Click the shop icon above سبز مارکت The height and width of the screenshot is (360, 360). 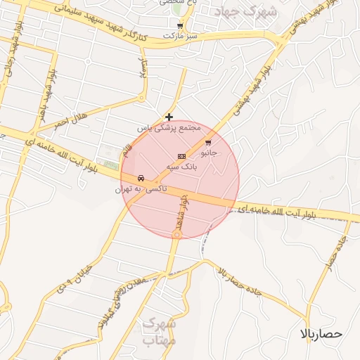click(180, 25)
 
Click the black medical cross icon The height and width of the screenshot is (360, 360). click(169, 117)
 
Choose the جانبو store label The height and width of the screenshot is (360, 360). click(211, 152)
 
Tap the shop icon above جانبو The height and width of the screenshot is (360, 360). click(207, 142)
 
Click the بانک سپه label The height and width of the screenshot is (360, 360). click(181, 167)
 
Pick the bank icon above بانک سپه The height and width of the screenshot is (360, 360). click(181, 156)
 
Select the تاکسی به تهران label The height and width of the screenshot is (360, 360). click(142, 189)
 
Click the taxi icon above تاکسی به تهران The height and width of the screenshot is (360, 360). click(142, 178)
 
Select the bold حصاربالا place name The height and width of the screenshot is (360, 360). click(321, 333)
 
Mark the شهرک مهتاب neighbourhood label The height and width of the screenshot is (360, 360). click(158, 332)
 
